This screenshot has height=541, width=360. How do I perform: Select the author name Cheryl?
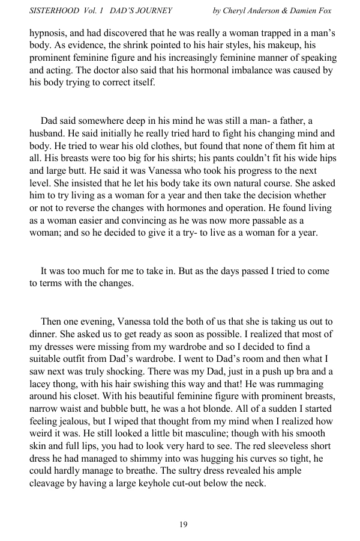click(x=240, y=10)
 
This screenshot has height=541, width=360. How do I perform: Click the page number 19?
click(x=183, y=525)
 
